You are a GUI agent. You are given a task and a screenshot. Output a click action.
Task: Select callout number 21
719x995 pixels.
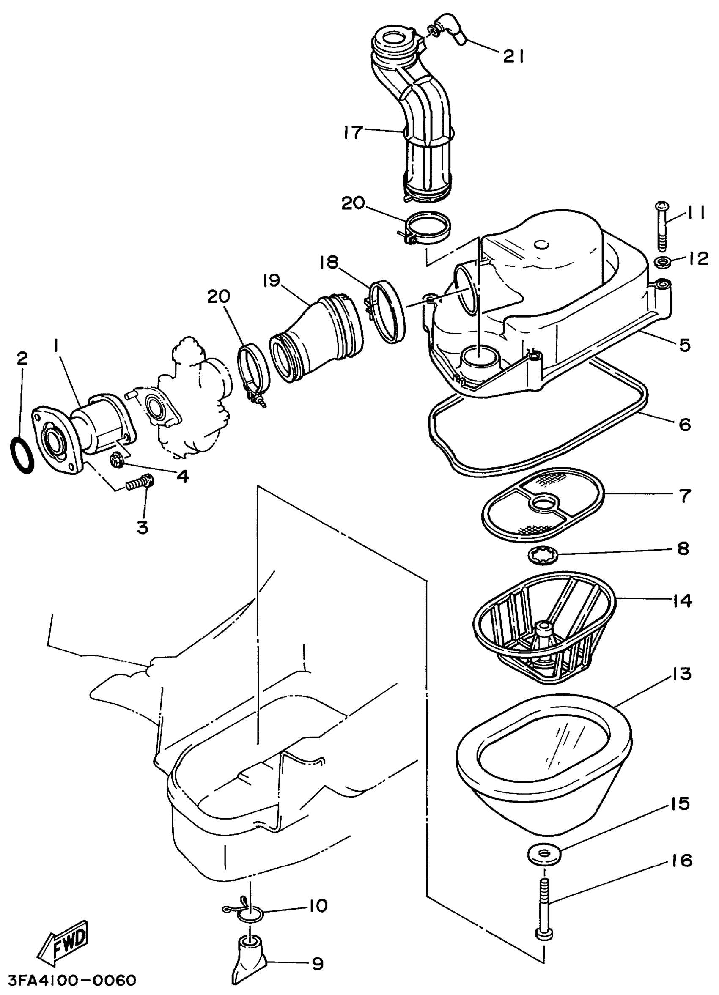pos(513,56)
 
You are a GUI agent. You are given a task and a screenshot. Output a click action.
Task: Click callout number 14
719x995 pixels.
pos(681,600)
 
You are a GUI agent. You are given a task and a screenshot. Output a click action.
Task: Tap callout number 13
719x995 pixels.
pos(680,674)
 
